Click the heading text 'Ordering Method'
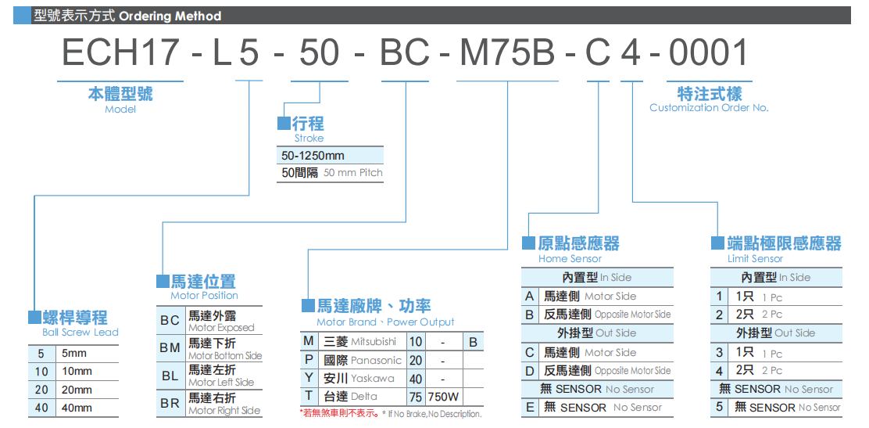click(170, 16)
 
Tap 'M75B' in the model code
click(507, 53)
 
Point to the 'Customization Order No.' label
click(709, 108)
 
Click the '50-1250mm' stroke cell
click(313, 156)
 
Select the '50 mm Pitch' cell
click(353, 173)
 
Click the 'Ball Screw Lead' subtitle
click(80, 333)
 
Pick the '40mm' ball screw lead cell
click(77, 408)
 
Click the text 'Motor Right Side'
click(224, 411)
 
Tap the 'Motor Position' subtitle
click(204, 296)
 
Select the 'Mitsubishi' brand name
click(374, 342)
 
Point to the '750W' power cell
click(444, 397)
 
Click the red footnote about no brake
click(391, 414)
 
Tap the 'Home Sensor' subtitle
click(570, 259)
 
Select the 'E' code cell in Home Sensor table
click(530, 408)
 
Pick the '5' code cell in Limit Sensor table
click(719, 408)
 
